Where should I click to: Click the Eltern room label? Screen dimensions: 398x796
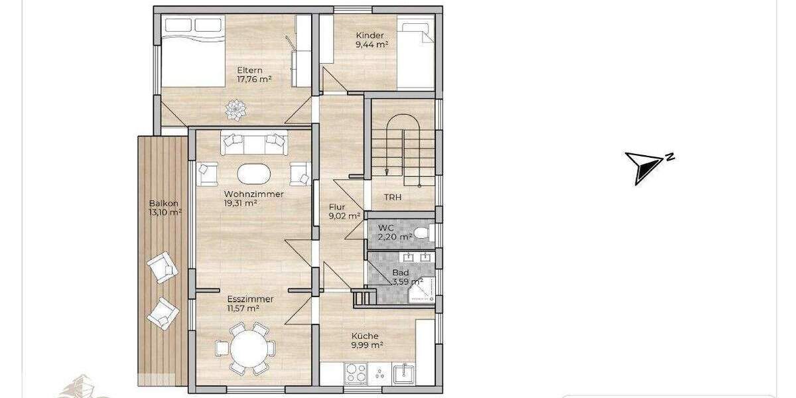[250, 70]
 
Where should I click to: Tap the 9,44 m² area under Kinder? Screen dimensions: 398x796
[371, 45]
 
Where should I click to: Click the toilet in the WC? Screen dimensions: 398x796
[423, 233]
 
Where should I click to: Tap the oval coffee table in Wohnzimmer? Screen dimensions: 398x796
[254, 174]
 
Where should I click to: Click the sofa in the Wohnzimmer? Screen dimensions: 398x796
[254, 143]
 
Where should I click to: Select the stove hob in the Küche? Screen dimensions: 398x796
[356, 375]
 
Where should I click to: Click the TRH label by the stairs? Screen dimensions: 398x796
[393, 198]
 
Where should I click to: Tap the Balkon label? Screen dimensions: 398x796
[163, 204]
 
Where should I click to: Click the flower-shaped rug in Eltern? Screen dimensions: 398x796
[235, 109]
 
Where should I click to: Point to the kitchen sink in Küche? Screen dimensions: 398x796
[401, 375]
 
